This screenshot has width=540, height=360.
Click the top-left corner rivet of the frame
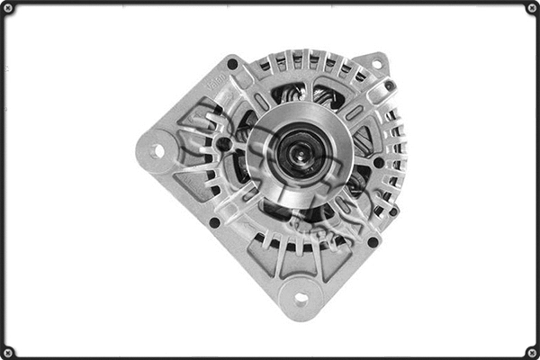[8, 8]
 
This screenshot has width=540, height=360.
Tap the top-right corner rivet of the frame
[531, 8]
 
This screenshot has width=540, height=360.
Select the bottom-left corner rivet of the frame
[8, 351]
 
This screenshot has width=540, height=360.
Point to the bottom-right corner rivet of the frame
[531, 351]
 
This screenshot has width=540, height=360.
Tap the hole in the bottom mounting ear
[301, 298]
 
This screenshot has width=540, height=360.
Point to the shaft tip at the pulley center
[296, 150]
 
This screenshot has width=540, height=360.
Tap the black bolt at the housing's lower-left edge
[214, 222]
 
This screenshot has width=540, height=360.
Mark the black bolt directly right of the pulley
[378, 163]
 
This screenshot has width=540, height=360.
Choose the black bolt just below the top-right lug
[389, 85]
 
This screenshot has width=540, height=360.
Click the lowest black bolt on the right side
[373, 241]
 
